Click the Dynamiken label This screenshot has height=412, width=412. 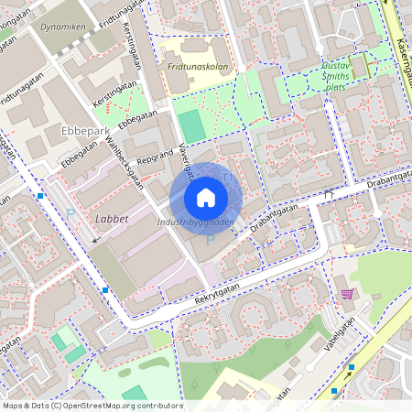63,27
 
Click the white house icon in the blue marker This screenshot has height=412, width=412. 206,198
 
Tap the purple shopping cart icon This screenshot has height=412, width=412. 347,294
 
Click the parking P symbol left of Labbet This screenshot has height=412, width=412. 70,213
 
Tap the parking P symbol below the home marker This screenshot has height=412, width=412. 210,239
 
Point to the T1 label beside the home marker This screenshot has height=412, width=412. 228,175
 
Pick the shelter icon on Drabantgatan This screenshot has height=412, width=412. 328,193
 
